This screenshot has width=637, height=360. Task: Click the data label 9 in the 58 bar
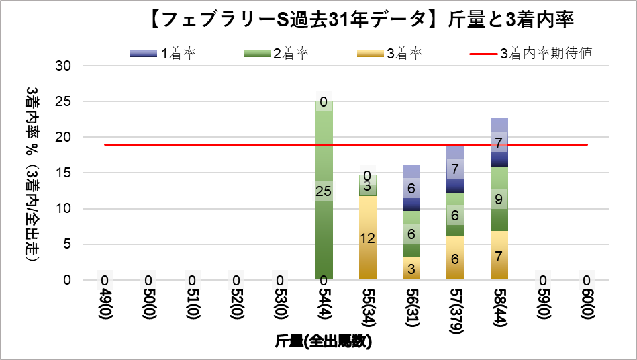499,199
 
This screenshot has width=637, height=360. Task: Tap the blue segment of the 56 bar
411,188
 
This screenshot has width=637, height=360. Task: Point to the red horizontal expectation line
201,144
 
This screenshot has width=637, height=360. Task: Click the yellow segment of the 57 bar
455,258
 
